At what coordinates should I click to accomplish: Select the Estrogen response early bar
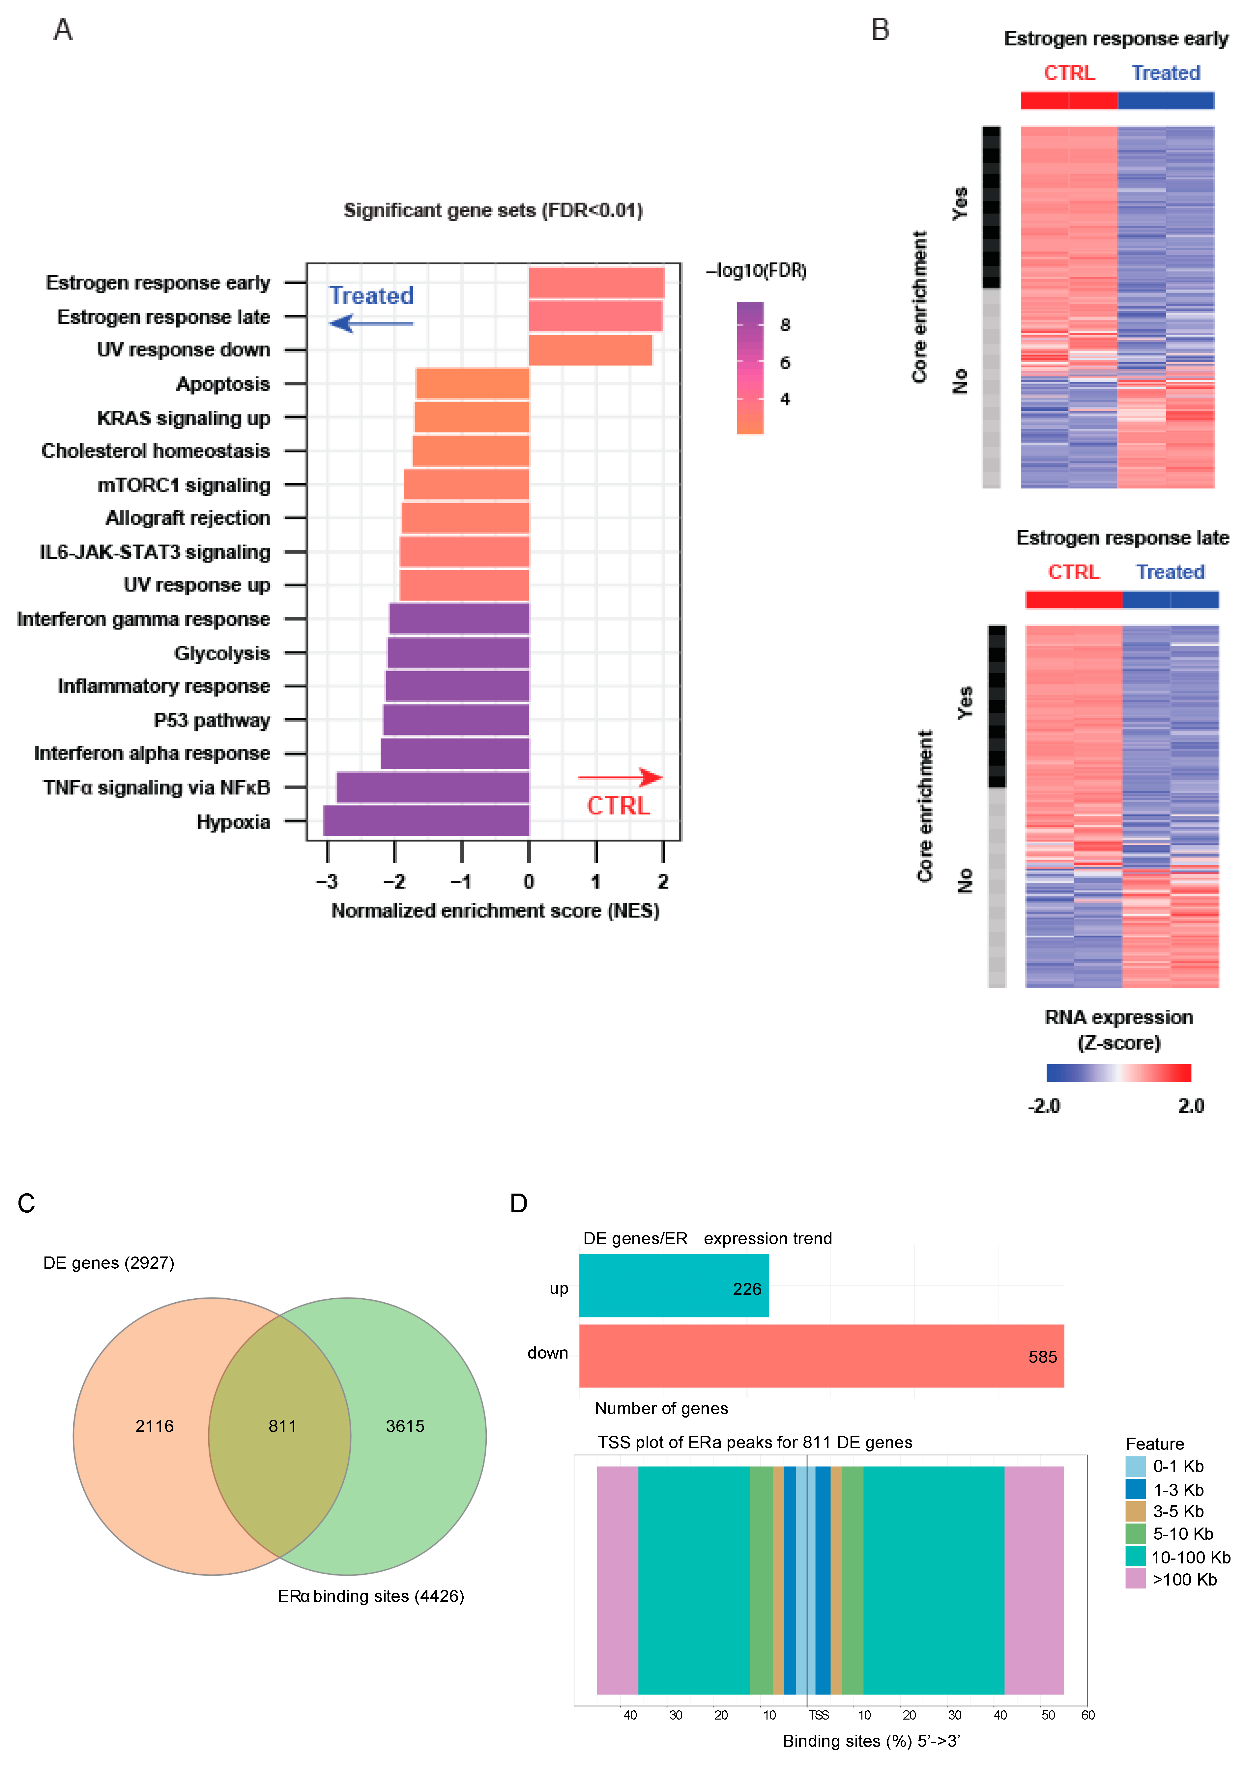[x=596, y=282]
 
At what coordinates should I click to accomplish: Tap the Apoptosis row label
[x=223, y=384]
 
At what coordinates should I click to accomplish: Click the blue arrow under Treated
[x=371, y=323]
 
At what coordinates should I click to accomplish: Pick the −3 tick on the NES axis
[x=327, y=881]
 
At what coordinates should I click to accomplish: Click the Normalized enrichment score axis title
[x=496, y=911]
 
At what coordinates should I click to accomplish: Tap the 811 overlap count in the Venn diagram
[x=282, y=1426]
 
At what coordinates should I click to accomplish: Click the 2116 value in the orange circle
[x=155, y=1426]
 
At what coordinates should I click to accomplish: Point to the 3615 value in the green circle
[x=406, y=1426]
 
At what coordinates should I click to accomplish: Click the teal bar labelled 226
[x=674, y=1285]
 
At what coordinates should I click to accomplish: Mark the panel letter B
[x=880, y=30]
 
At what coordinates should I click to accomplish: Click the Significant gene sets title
[x=493, y=211]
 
